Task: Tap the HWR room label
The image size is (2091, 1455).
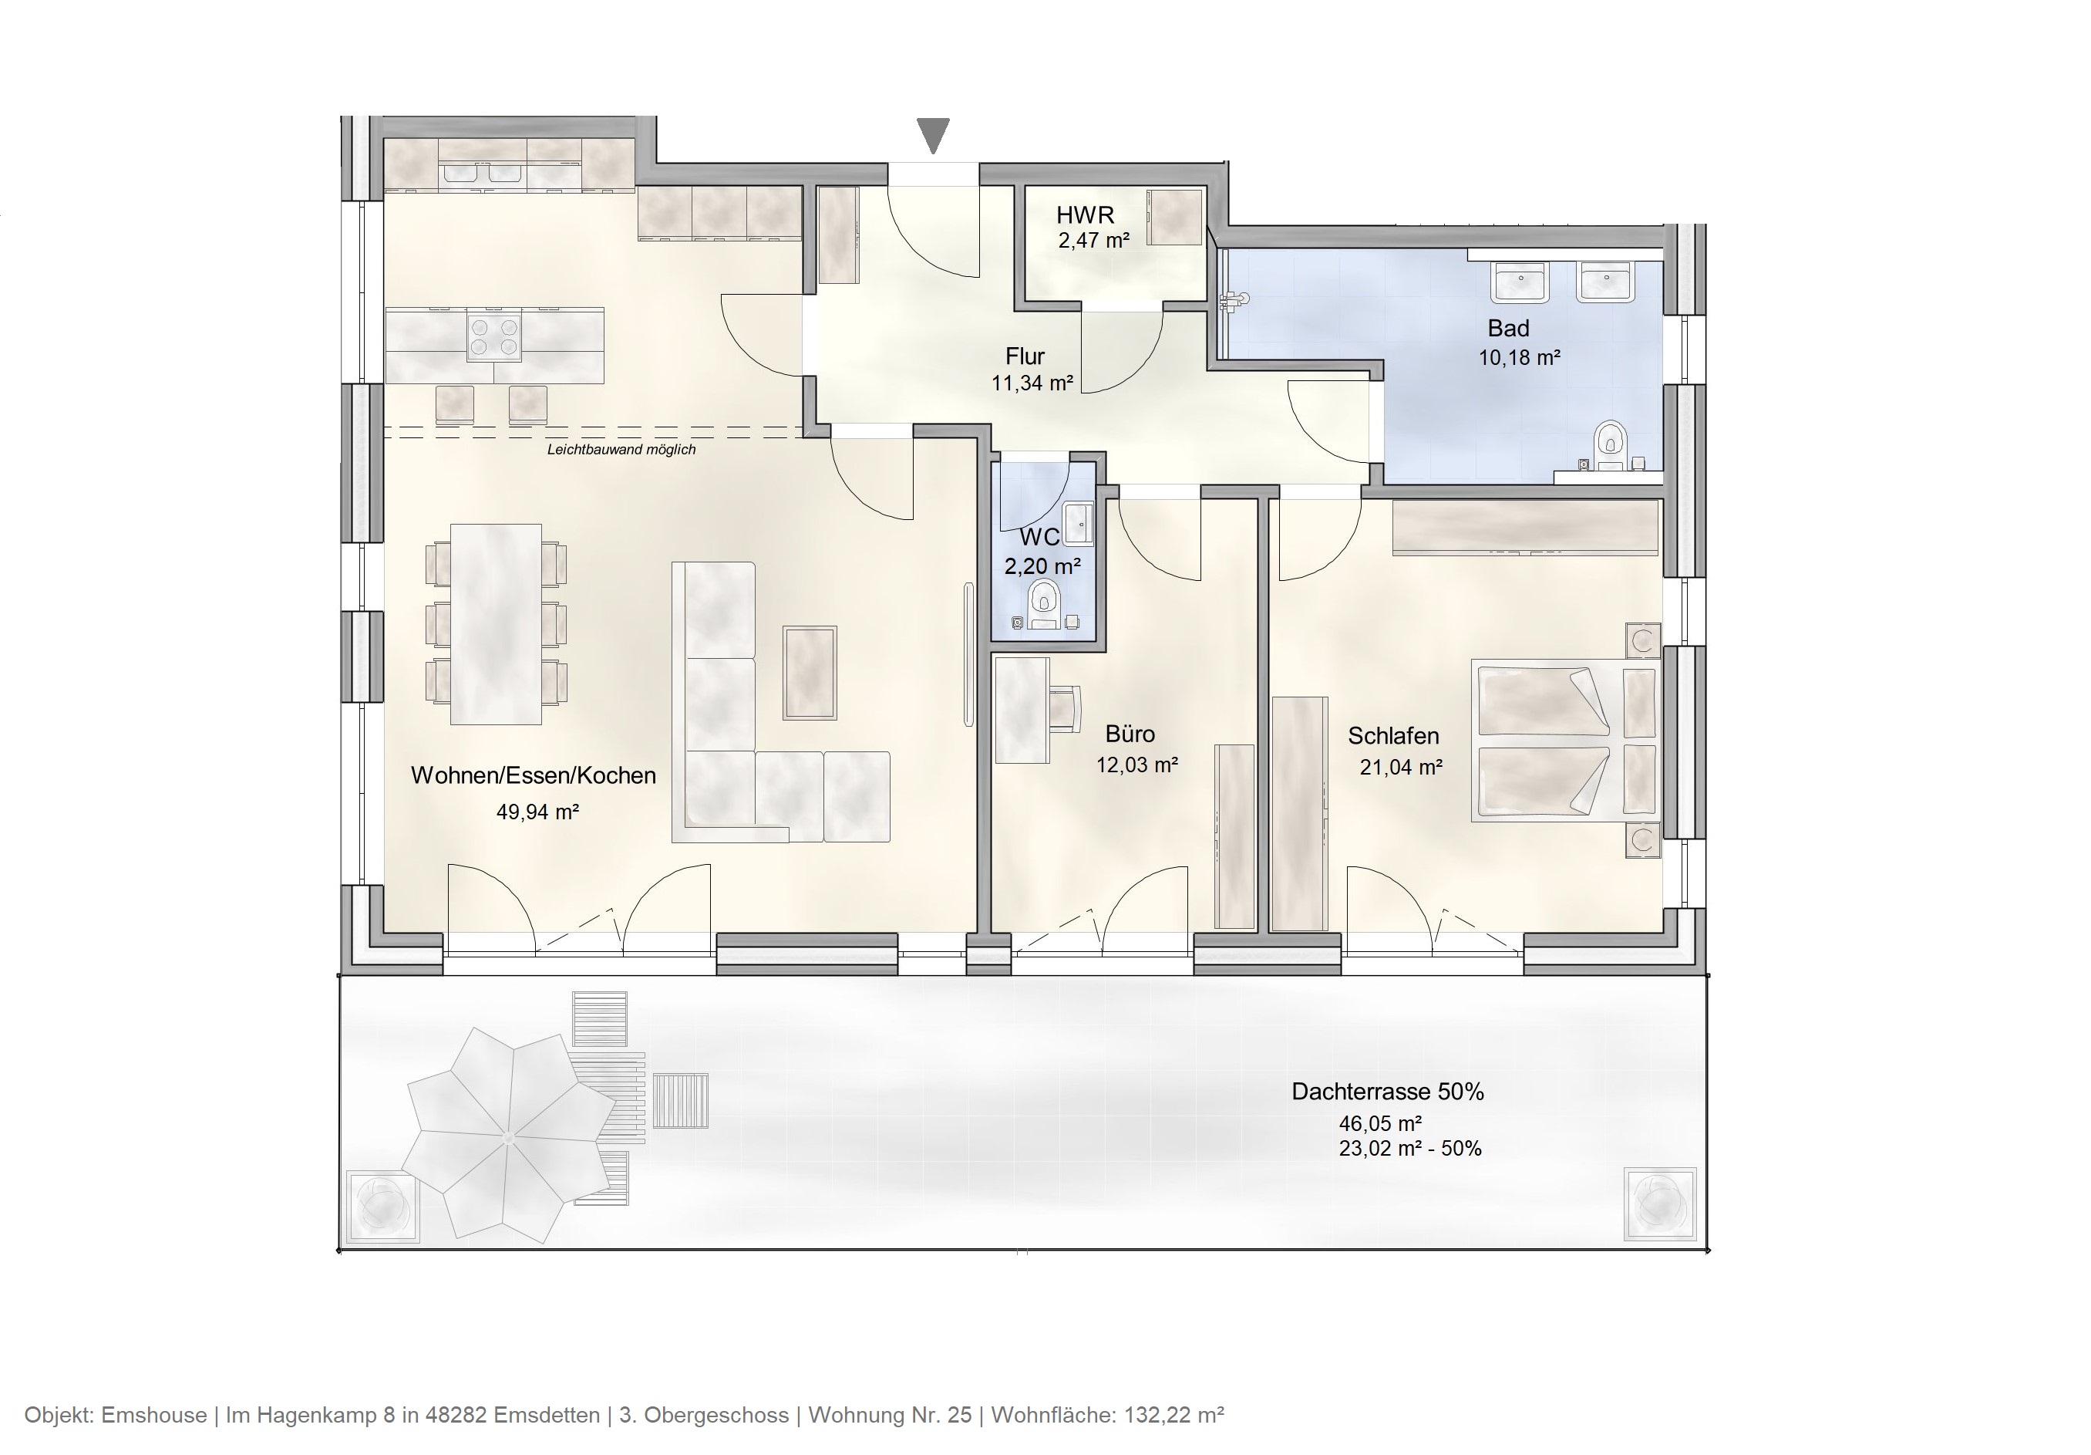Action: (1085, 215)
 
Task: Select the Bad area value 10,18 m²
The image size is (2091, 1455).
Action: (1518, 358)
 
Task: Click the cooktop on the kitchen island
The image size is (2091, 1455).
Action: (494, 336)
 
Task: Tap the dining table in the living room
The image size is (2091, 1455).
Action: (497, 624)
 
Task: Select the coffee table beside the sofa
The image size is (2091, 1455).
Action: (810, 673)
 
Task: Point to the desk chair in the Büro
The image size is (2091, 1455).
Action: (1065, 708)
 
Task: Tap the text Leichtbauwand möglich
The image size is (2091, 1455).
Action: (621, 449)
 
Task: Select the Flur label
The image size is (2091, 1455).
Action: (1025, 356)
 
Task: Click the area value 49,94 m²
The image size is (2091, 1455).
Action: (537, 812)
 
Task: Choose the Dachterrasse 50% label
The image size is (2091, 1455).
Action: (1387, 1092)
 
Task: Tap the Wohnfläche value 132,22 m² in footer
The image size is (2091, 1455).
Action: (1174, 1415)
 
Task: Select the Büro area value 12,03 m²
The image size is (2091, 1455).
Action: (1136, 765)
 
